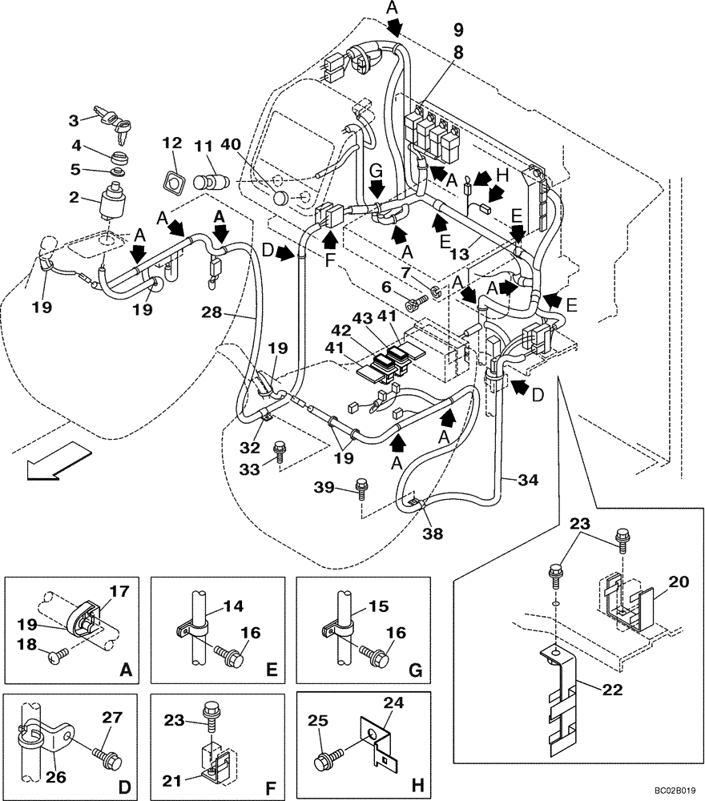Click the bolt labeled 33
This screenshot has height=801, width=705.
point(280,451)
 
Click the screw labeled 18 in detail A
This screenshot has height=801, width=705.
point(58,656)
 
